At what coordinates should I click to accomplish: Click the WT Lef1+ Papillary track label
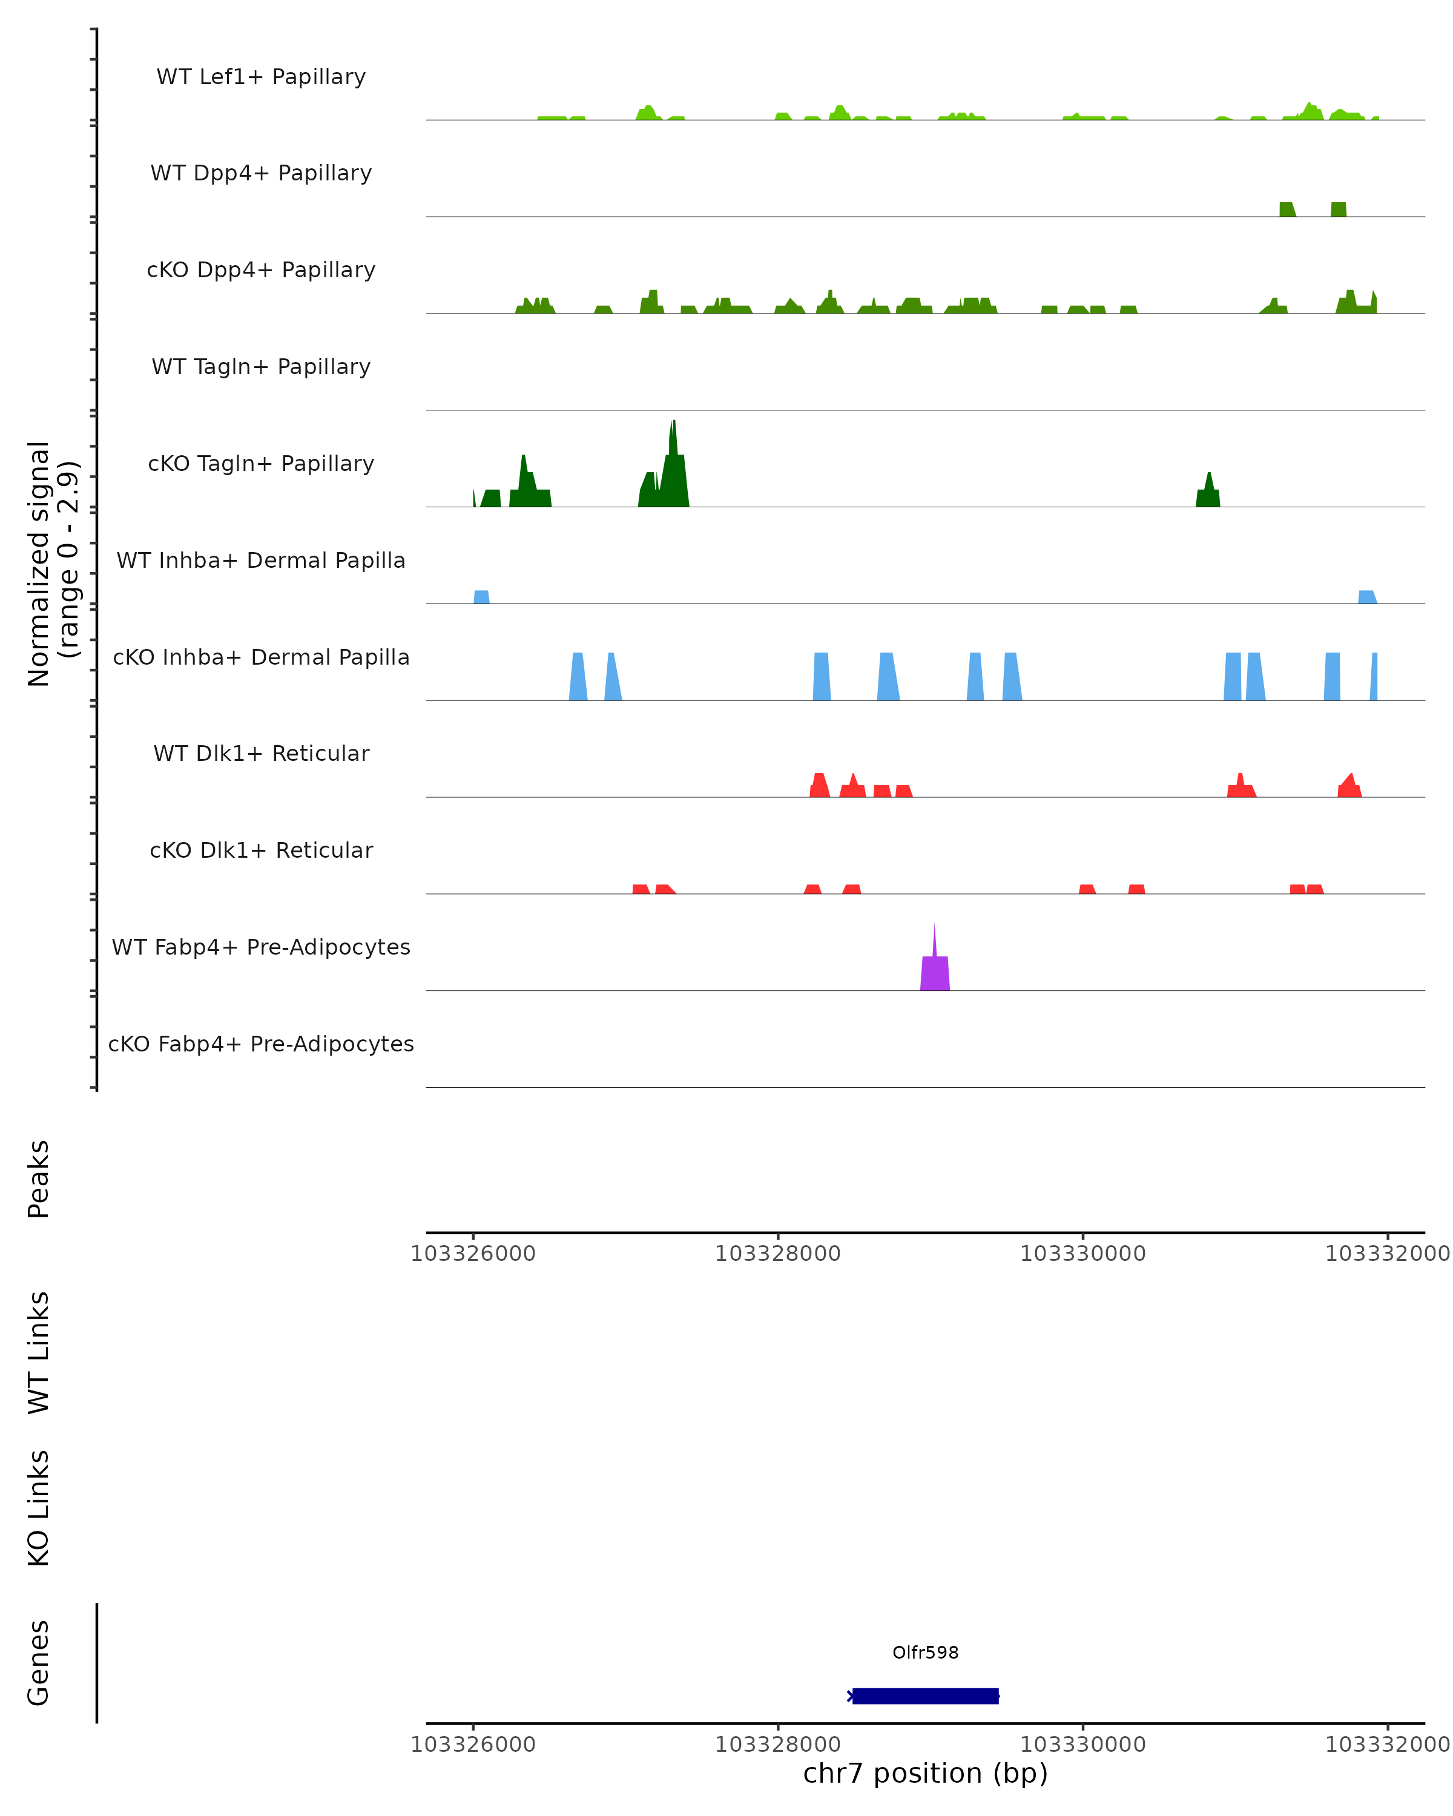click(x=261, y=77)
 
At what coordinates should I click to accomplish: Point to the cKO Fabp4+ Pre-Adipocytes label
click(x=261, y=1044)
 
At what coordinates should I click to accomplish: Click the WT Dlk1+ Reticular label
click(x=261, y=753)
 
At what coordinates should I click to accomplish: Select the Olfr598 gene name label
click(x=925, y=1652)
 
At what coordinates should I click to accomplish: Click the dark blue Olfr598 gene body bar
click(x=925, y=1696)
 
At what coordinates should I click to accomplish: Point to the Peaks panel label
click(x=39, y=1179)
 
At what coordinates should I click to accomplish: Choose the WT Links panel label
click(x=39, y=1352)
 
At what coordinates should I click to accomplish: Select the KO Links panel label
click(x=39, y=1508)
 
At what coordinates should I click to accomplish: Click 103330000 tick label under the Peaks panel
click(x=1082, y=1254)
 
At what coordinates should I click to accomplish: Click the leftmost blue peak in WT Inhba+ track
click(x=481, y=597)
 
